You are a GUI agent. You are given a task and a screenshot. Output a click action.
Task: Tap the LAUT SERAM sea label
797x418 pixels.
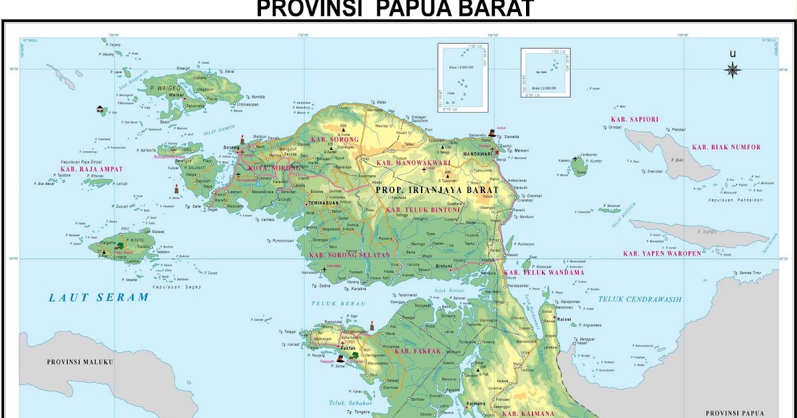pos(98,297)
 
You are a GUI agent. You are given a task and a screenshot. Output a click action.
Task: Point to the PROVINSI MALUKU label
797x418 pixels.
pos(80,362)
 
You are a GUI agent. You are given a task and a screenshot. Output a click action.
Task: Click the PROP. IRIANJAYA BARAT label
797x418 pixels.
pos(436,190)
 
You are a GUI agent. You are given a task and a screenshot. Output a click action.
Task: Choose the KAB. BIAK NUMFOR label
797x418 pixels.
pos(726,147)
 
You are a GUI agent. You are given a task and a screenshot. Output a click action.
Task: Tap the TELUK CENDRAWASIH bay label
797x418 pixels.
pos(640,299)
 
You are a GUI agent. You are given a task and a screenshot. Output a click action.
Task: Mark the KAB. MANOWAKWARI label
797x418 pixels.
pos(413,163)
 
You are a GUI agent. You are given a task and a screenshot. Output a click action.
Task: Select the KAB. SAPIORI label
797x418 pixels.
pos(634,119)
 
